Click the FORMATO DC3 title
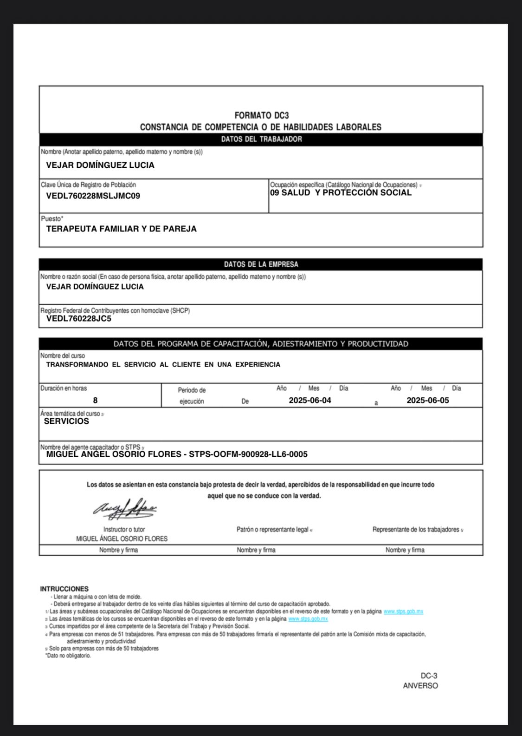(x=261, y=115)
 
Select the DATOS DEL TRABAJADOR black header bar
(x=261, y=139)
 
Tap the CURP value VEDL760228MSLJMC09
(x=93, y=196)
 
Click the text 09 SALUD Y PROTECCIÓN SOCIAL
(x=341, y=192)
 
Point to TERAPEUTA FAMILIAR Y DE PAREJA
(x=121, y=229)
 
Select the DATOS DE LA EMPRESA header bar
(x=261, y=264)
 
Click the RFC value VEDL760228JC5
(x=78, y=319)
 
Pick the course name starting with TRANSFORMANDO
(x=163, y=365)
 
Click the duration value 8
(x=95, y=400)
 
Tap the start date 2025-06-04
(x=310, y=400)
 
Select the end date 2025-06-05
(x=428, y=400)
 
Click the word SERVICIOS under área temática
(x=66, y=421)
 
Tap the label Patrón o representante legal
(x=273, y=529)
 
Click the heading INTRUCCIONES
(x=64, y=589)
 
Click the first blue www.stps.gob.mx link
(x=403, y=611)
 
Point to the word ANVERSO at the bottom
(x=420, y=685)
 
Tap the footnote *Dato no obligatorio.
(x=68, y=656)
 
